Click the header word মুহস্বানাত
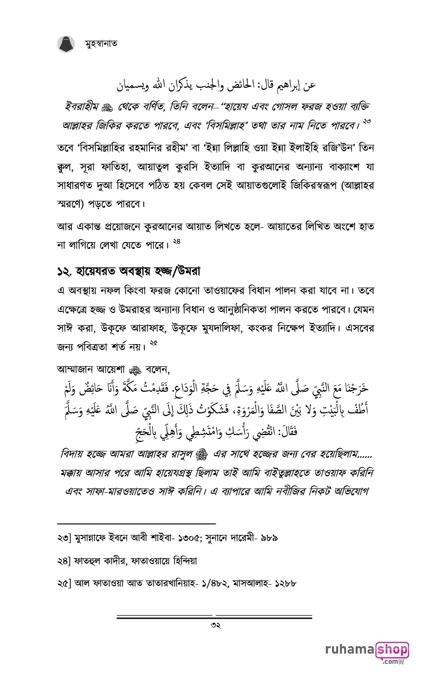pos(101,44)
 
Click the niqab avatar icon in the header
pos(67,44)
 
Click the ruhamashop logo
pos(367,652)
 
